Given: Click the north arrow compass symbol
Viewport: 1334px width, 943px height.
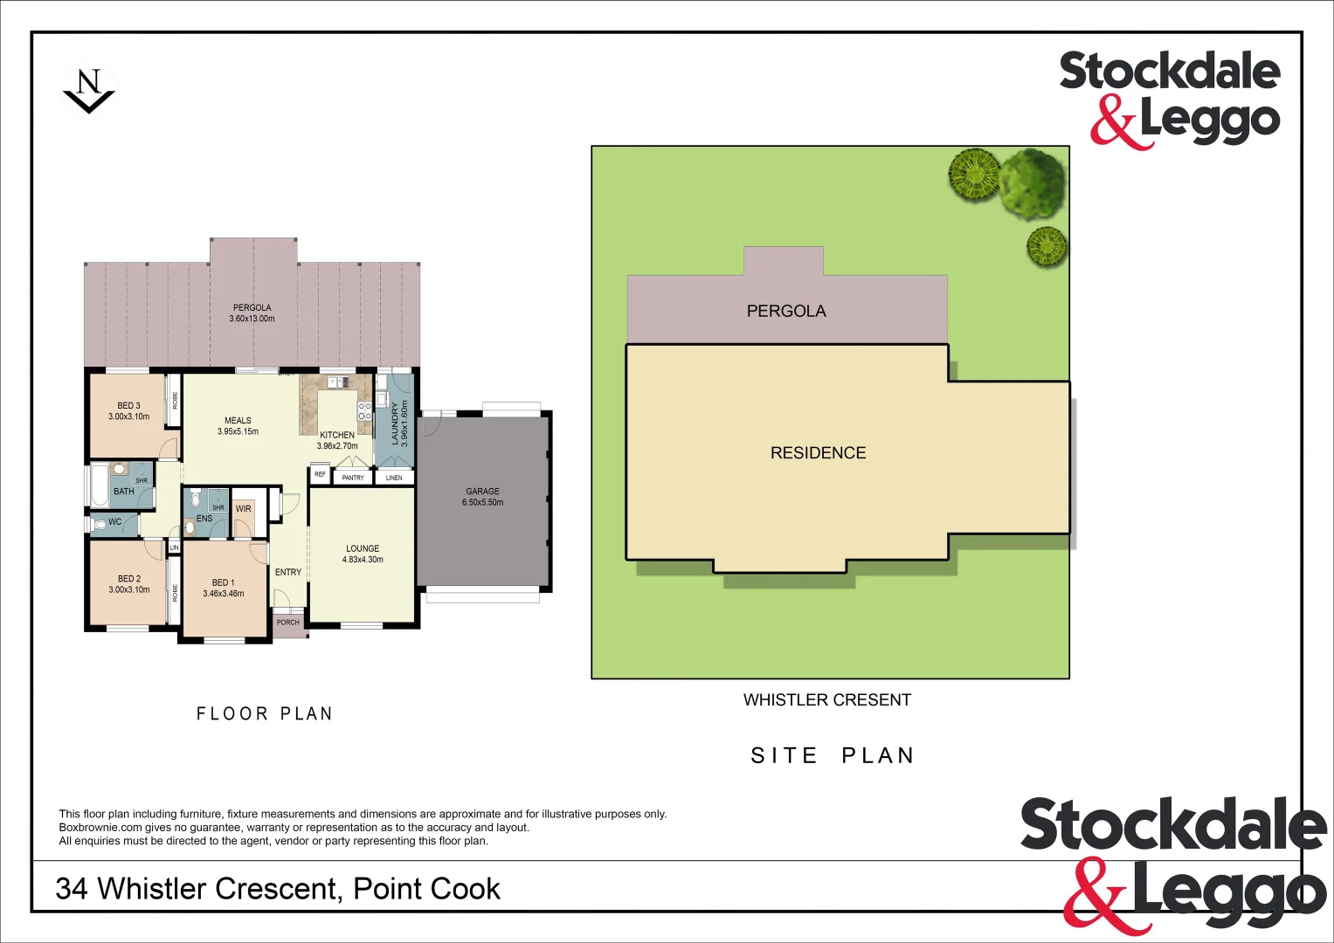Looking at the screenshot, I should (88, 91).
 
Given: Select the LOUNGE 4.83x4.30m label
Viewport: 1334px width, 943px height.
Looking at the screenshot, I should (363, 554).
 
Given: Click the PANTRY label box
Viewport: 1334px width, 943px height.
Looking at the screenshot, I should (353, 478).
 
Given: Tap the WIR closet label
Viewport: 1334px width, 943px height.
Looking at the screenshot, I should (244, 508).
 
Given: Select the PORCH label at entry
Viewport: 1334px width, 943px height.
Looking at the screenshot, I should (287, 623).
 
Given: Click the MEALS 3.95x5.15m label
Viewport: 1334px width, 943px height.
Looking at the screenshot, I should (238, 425).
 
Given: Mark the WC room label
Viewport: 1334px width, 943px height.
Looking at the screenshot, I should (114, 522).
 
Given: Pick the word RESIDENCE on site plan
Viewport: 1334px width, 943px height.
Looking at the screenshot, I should (818, 452).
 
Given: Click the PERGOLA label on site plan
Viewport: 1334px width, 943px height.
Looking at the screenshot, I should (785, 311).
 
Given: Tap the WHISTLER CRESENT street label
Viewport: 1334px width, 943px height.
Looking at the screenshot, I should (826, 699).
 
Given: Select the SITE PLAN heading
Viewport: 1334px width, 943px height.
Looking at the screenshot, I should (832, 755).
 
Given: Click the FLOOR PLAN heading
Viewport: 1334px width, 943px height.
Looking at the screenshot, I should (264, 713).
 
